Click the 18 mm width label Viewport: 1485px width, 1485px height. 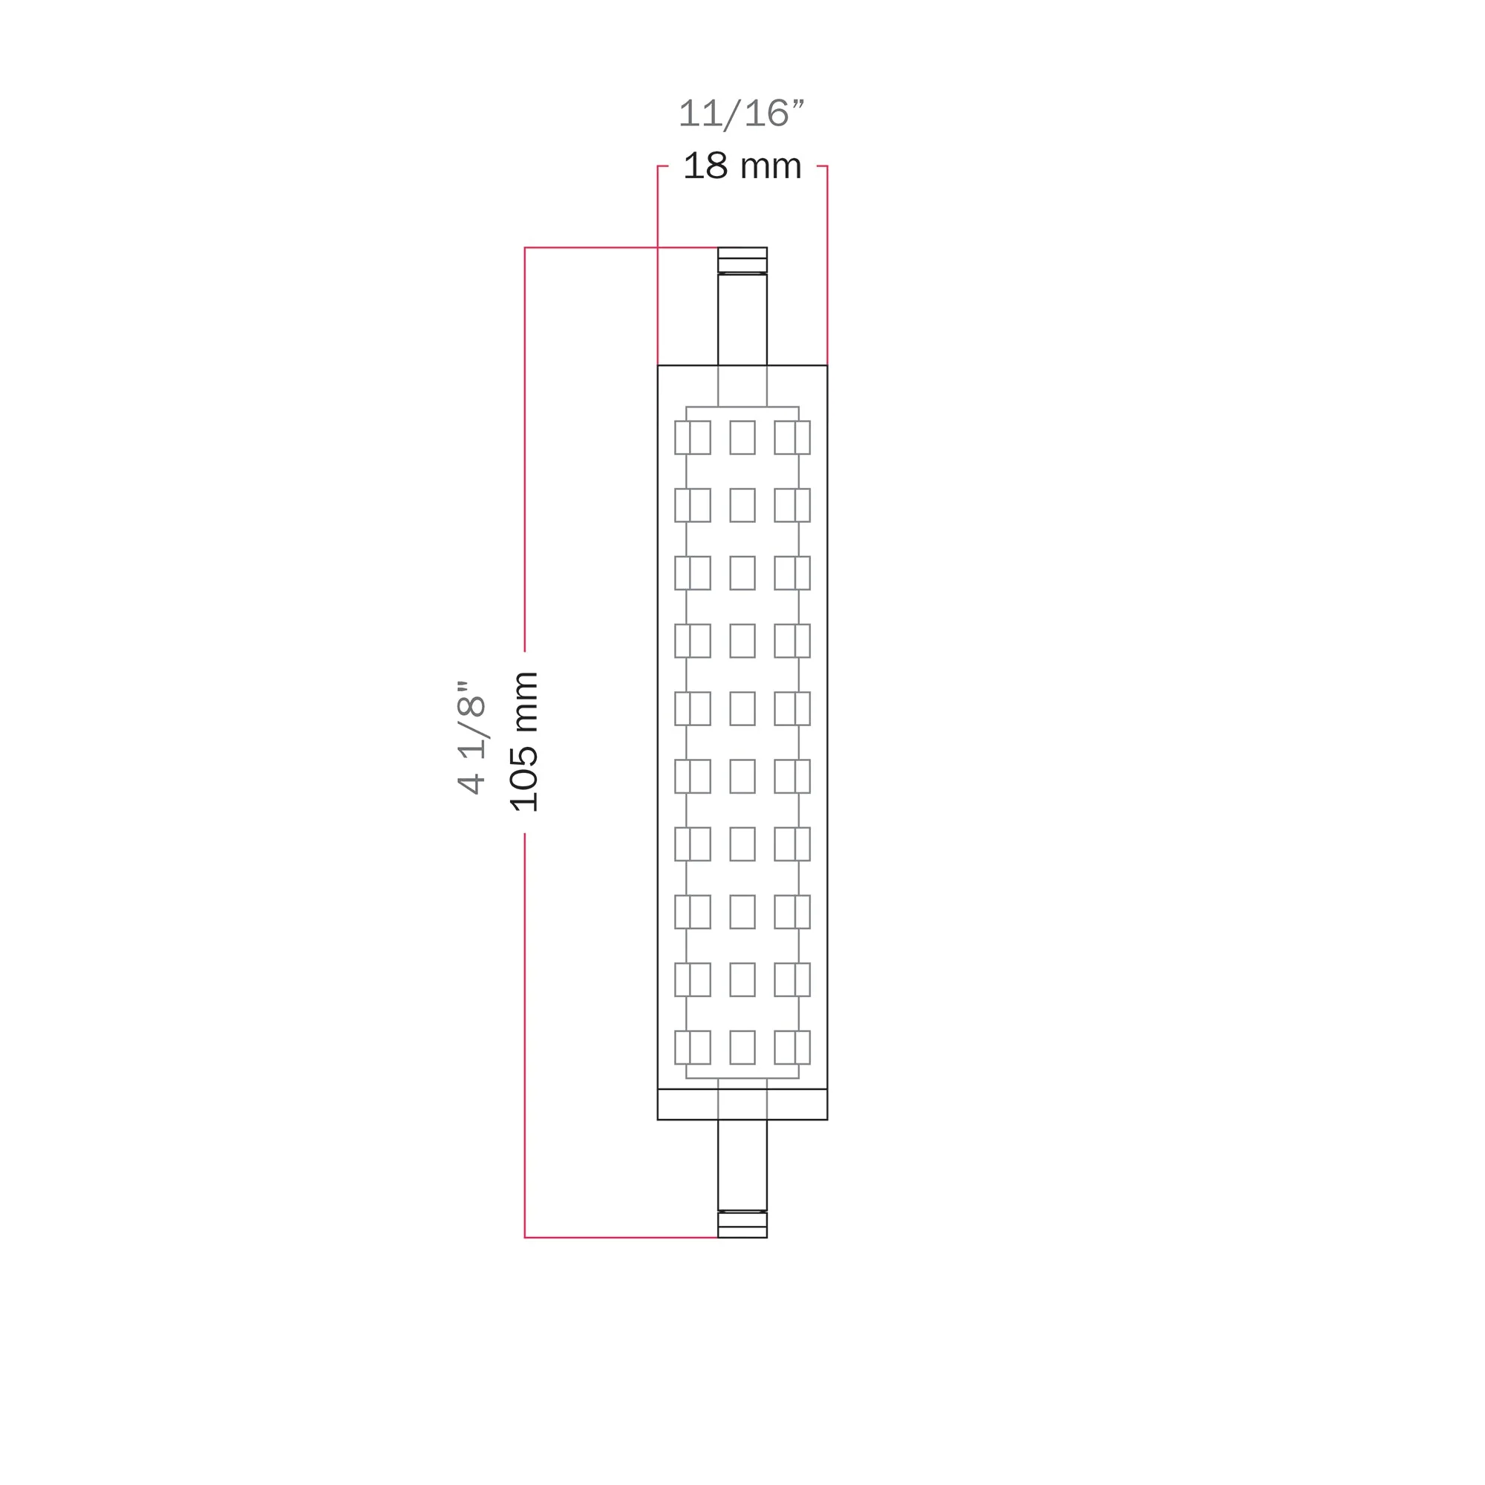pos(742,166)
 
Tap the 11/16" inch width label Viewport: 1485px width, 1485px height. pos(741,114)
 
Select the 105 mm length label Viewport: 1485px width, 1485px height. pos(524,742)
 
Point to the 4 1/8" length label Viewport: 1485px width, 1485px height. pos(472,737)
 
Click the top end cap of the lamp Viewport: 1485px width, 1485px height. pos(742,260)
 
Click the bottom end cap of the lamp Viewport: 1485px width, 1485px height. pos(742,1224)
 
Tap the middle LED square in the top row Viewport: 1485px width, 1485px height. pos(742,437)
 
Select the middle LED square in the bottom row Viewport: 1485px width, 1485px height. pos(742,1047)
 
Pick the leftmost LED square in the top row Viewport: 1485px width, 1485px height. pos(693,437)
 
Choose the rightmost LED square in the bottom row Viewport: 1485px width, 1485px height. pos(792,1047)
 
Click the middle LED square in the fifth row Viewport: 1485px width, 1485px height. pos(742,708)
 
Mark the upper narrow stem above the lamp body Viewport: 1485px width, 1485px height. pos(742,319)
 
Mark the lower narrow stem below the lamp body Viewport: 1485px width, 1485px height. pos(742,1164)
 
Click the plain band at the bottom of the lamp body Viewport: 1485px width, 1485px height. pos(742,1105)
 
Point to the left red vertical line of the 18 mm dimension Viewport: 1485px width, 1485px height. pos(658,265)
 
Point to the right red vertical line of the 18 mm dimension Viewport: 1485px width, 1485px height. pos(827,265)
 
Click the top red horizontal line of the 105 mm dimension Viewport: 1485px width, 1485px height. pos(621,247)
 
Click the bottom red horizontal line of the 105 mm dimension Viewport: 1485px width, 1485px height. pos(621,1238)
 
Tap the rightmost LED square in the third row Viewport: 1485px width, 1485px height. pos(792,572)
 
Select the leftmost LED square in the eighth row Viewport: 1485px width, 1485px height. pos(693,912)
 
